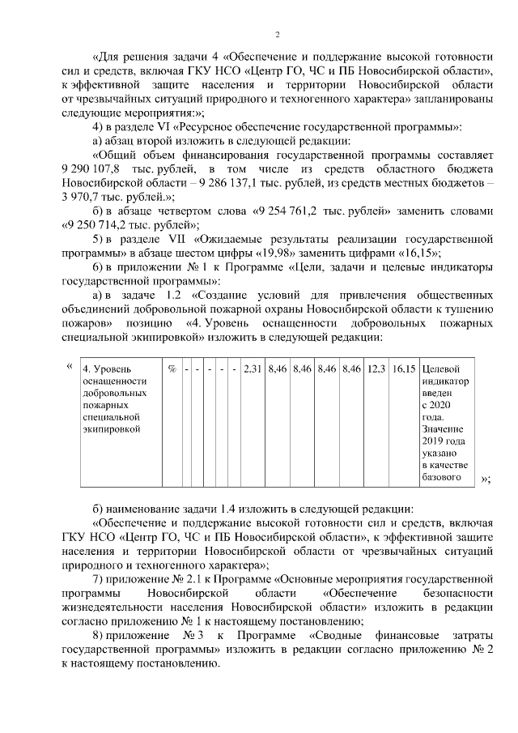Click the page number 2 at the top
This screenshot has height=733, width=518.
point(277,33)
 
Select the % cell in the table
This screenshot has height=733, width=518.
point(172,369)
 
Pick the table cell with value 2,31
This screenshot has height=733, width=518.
point(253,369)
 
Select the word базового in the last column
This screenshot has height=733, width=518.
point(442,477)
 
